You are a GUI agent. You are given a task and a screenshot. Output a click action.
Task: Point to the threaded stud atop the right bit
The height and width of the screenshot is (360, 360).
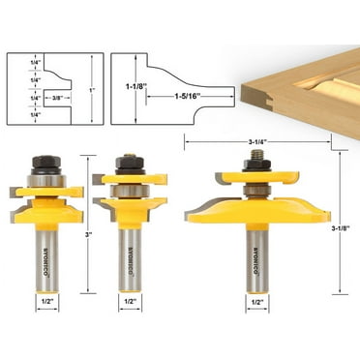point(257,152)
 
